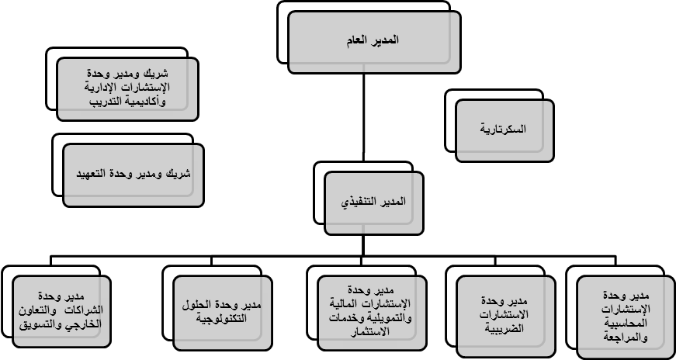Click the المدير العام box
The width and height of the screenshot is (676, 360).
click(374, 42)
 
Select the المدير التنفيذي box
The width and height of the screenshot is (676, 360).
click(374, 203)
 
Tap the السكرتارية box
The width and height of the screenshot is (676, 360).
click(504, 130)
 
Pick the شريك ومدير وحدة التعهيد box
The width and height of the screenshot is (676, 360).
click(133, 175)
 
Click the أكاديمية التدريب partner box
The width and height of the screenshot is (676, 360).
click(127, 88)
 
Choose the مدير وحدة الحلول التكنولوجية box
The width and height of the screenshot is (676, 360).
click(223, 313)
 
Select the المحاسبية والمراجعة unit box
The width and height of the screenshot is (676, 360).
click(626, 317)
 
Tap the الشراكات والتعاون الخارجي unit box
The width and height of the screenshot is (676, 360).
click(61, 311)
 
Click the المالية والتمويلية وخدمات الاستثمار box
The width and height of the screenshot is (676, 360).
click(372, 313)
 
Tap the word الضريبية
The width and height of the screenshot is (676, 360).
click(504, 328)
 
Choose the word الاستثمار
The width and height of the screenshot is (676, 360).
click(372, 331)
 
